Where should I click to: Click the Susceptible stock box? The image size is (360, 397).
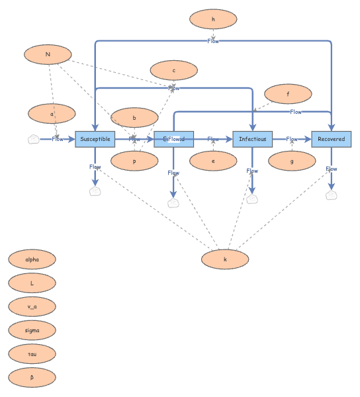coord(95,139)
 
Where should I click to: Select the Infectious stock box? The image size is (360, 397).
coord(252,139)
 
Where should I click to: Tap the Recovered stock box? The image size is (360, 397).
coord(331,139)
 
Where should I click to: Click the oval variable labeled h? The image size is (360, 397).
coord(213,20)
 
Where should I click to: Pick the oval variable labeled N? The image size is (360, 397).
coord(48,54)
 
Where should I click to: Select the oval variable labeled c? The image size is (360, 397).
coord(173,70)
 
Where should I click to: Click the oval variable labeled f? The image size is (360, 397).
coord(288,95)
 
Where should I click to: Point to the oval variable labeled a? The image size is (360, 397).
coord(52,114)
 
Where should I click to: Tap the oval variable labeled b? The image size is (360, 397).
coord(134,118)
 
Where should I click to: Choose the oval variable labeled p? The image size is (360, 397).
coord(134,160)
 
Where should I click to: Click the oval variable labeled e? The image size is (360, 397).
coord(213,160)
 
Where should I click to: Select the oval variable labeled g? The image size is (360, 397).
coord(292,160)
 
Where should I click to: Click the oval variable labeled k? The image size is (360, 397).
coord(225,259)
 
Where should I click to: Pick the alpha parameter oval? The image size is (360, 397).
coord(32,259)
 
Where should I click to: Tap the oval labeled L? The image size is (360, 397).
coord(32,283)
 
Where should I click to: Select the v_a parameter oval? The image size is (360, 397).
coord(32,306)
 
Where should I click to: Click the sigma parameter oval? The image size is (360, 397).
coord(32,330)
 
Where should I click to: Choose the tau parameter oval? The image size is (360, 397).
coord(32,353)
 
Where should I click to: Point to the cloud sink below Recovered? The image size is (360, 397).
coord(331,195)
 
